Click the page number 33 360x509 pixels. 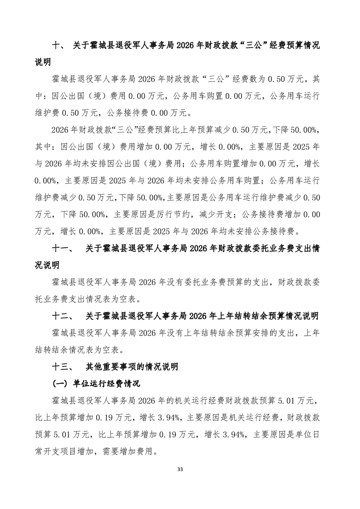180,469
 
